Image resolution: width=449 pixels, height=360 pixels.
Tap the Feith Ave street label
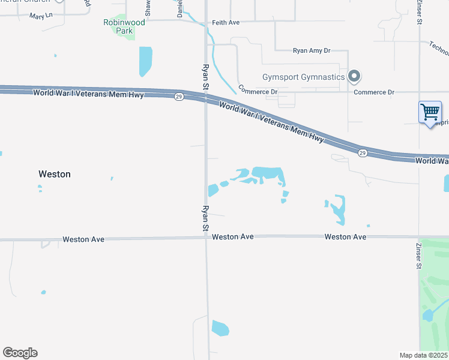226,23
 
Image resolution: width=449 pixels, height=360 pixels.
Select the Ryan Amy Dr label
312,52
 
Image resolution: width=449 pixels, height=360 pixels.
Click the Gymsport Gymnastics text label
304,77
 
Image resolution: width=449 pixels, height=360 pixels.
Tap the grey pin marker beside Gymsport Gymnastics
354,76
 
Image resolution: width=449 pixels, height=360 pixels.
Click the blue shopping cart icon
430,112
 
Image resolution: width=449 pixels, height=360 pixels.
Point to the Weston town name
55,174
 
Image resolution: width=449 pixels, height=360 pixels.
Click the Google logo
20,353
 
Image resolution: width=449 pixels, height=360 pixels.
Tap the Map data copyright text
424,355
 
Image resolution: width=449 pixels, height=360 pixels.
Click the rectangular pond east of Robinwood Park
145,61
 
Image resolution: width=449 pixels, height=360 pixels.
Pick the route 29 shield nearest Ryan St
179,97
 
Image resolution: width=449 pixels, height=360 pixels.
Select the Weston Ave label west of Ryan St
83,239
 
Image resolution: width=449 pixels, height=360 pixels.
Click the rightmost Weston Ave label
345,237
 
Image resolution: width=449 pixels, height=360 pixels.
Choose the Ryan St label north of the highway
205,78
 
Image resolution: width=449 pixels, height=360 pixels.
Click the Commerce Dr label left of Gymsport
258,90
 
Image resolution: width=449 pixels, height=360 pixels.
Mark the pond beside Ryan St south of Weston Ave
220,329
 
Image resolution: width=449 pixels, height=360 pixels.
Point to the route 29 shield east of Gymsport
363,153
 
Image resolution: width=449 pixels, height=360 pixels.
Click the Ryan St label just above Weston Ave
205,219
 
